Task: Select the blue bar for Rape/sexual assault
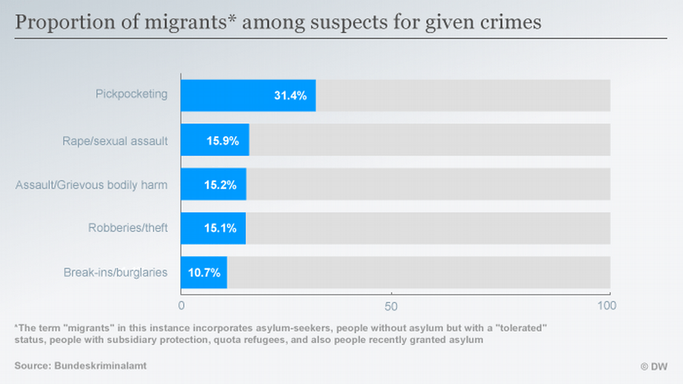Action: click(214, 141)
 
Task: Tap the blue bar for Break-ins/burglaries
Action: click(203, 273)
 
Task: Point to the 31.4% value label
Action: click(290, 96)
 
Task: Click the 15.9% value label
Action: click(222, 141)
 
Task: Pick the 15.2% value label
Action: click(220, 185)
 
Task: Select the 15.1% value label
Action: click(219, 229)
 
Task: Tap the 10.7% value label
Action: click(205, 273)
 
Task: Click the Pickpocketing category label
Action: click(132, 94)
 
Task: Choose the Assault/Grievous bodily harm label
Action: click(92, 184)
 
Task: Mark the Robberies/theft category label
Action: click(128, 229)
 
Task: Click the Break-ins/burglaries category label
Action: click(116, 273)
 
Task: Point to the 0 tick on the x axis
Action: click(182, 306)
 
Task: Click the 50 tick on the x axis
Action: click(392, 306)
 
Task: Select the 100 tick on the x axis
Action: click(607, 306)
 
